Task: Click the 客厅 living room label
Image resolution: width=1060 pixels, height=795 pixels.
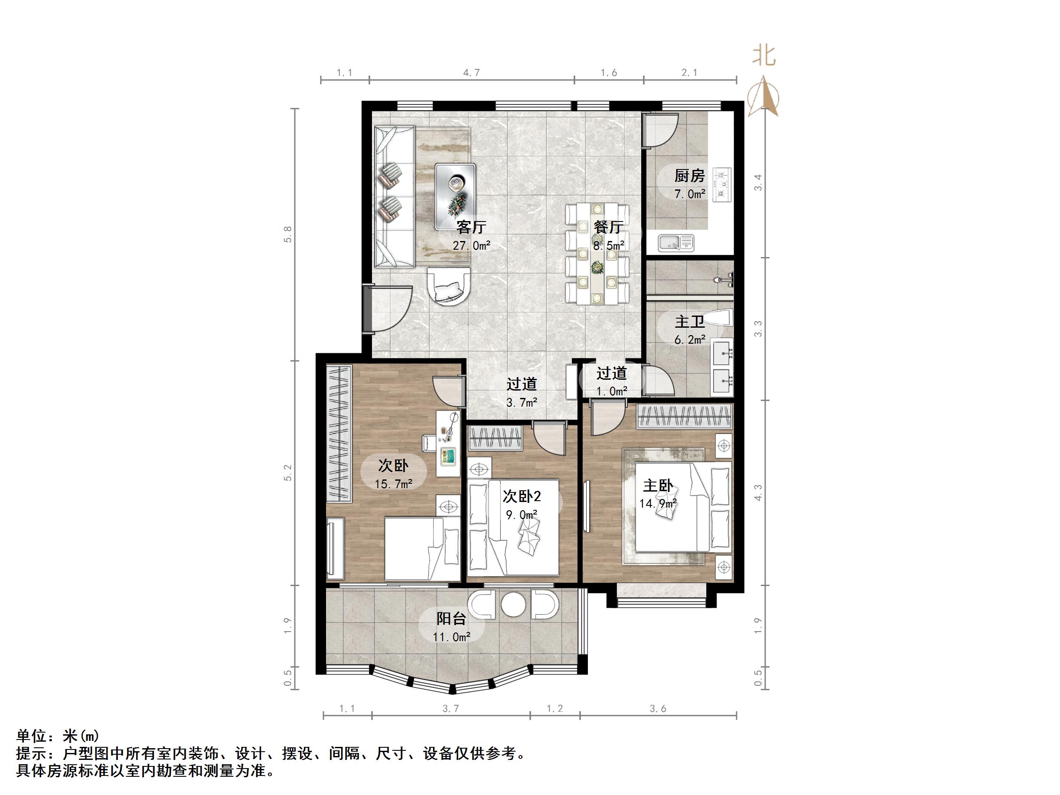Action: tap(471, 227)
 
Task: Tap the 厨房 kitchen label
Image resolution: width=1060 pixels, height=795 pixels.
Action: tap(690, 176)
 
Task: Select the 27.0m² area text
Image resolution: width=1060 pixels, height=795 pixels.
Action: tap(472, 246)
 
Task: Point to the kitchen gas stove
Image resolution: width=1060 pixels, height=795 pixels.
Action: tap(722, 185)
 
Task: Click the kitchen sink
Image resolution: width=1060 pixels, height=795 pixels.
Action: tap(676, 242)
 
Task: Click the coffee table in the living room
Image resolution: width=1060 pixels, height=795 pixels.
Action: tap(455, 196)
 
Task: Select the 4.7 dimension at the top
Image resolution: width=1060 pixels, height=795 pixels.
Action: tap(472, 73)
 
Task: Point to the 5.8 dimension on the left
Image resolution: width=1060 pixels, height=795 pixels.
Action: tap(287, 235)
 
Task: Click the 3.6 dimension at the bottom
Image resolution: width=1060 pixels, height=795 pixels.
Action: tap(658, 708)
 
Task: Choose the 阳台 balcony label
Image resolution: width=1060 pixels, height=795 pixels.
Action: tap(451, 619)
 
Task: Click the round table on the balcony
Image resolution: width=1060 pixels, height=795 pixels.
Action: tap(513, 605)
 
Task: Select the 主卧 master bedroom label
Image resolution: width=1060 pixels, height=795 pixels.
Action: tap(658, 485)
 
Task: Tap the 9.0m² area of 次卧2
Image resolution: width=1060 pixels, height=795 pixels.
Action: tap(522, 515)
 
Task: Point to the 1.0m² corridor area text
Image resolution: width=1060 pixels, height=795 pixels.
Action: tap(611, 391)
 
